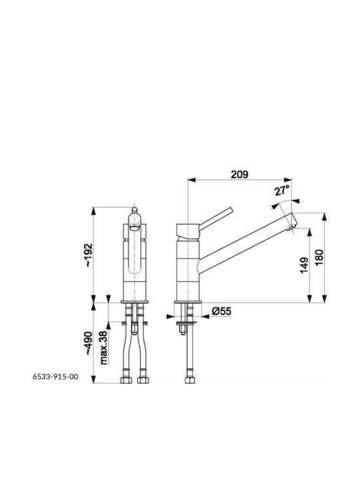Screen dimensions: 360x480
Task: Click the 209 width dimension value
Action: [239, 174]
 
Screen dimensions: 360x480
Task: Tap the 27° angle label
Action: [282, 191]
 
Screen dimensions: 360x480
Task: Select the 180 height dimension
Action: [319, 258]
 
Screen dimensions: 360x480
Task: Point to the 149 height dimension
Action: [304, 265]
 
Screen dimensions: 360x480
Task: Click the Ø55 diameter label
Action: [221, 311]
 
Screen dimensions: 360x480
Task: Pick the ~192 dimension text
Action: [88, 255]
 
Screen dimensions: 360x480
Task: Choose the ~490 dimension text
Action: [88, 343]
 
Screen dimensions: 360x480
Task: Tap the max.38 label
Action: [103, 347]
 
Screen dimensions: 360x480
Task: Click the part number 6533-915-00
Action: [55, 377]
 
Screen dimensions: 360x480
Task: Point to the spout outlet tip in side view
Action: [291, 227]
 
